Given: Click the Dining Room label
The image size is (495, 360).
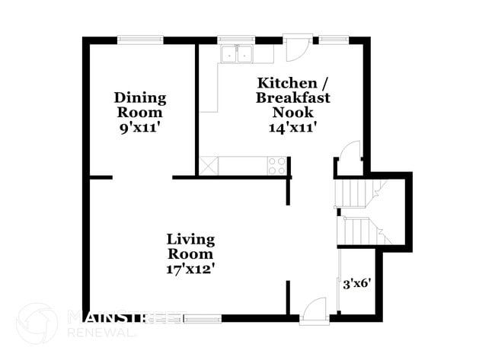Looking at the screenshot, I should click(139, 104).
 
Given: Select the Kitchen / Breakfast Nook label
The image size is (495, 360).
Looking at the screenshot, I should click(294, 97).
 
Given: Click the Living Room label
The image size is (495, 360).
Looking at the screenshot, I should click(190, 247).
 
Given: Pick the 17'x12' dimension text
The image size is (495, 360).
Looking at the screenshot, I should click(190, 268).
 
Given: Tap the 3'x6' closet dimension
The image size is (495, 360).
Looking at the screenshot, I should click(357, 283).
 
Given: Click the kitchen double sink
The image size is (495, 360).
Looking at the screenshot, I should click(237, 54).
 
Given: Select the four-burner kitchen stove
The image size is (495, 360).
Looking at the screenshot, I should click(277, 165).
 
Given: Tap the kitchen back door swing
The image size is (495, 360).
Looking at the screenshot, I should click(296, 49).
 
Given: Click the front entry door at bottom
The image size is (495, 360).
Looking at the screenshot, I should click(313, 312).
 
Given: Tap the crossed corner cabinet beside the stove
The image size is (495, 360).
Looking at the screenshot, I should click(209, 165).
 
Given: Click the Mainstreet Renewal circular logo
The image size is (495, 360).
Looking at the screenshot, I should click(37, 323).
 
